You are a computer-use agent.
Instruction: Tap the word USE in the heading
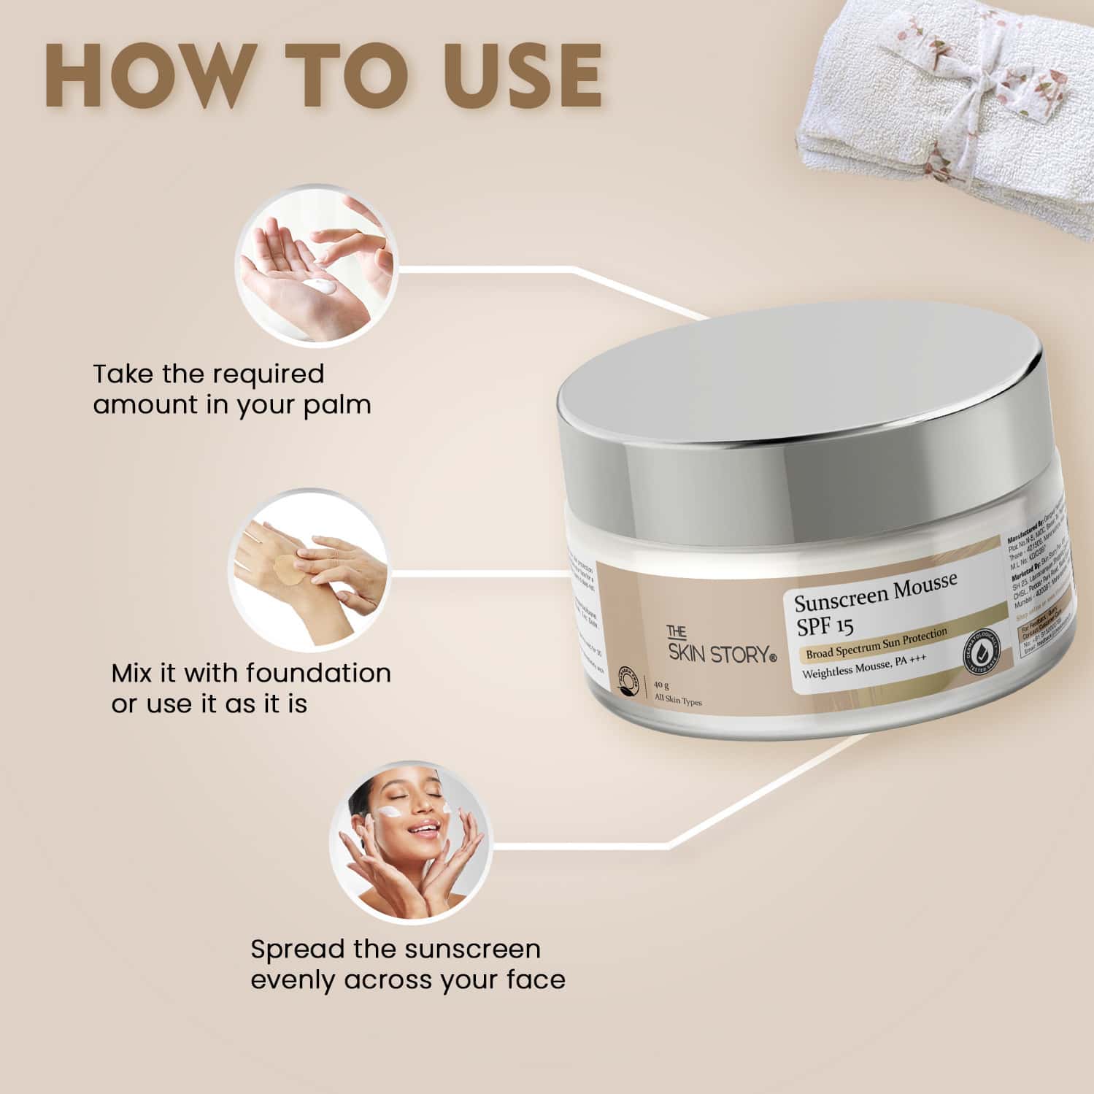coord(511,76)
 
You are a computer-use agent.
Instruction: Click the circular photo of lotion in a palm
coord(315,265)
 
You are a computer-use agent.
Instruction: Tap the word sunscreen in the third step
coord(472,949)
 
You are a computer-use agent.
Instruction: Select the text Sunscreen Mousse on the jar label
coord(875,593)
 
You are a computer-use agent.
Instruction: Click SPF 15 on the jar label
coord(825,626)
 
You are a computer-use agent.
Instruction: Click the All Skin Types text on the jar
coord(678,701)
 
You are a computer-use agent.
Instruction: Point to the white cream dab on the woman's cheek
coord(389,812)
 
